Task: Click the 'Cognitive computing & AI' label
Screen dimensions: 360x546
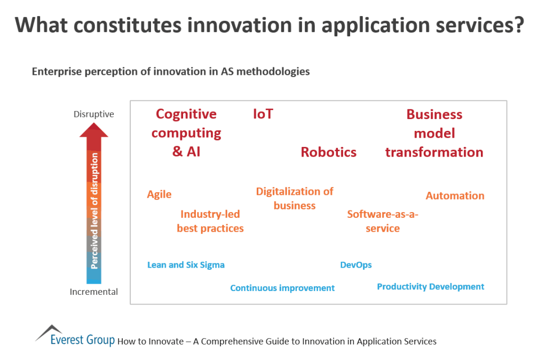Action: coord(186,132)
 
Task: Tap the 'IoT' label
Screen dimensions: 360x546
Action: coord(263,114)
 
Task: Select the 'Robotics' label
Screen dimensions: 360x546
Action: coord(328,152)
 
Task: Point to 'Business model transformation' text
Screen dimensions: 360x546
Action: coord(434,133)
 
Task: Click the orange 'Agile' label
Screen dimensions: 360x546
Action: coord(159,194)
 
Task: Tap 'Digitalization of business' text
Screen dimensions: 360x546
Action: coord(295,198)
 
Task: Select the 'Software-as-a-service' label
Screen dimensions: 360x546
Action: coord(383,221)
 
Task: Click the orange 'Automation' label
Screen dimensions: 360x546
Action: coord(455,196)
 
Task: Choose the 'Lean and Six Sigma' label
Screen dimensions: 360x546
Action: coord(186,265)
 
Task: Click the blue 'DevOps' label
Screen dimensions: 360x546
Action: coord(356,265)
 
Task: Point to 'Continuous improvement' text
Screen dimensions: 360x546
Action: coord(282,288)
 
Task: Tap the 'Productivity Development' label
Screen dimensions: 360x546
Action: coord(430,287)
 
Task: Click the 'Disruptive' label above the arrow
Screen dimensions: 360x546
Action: coord(94,114)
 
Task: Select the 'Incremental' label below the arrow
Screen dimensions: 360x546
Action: coord(94,292)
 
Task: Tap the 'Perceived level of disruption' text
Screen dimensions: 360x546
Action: coord(94,210)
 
